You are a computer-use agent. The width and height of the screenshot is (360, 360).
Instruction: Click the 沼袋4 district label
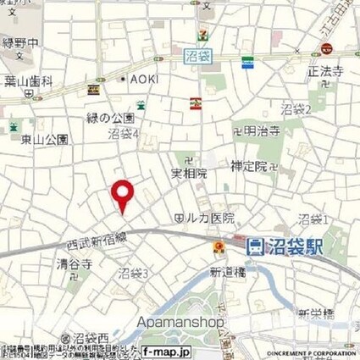pyautogui.click(x=125, y=134)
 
